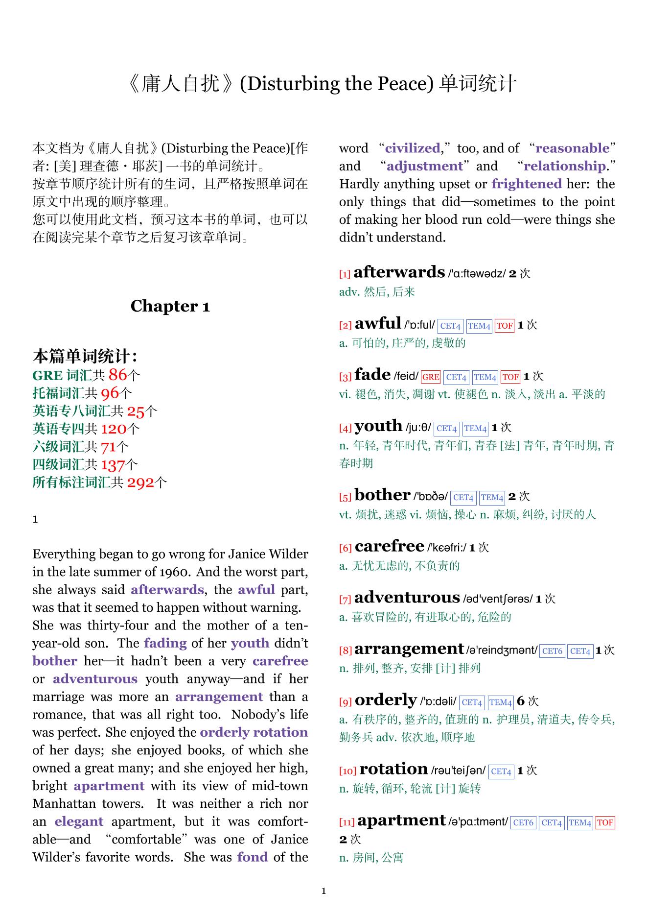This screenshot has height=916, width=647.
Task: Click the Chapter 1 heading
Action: (170, 306)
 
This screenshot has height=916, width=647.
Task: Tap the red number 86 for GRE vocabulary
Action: (117, 375)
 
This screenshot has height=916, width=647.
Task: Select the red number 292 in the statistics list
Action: (140, 483)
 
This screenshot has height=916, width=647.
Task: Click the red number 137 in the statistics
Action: (113, 465)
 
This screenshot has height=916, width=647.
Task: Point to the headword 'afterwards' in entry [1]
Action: (399, 272)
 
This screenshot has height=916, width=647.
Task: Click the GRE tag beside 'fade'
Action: (431, 377)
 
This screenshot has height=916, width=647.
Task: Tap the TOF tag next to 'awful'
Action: (505, 326)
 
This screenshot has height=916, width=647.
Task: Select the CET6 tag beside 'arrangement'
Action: (552, 651)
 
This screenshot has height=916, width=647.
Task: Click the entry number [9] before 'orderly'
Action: (346, 702)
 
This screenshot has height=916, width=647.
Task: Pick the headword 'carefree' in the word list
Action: (389, 546)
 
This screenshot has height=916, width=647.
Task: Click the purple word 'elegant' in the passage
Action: (79, 821)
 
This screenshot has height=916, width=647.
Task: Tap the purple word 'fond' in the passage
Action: (253, 857)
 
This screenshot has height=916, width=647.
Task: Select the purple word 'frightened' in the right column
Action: (527, 184)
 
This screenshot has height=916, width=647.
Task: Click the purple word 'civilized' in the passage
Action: (413, 148)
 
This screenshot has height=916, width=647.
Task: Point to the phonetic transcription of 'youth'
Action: (418, 428)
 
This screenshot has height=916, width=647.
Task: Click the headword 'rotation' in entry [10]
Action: (393, 769)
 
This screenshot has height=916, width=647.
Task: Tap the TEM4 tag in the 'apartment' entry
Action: (580, 822)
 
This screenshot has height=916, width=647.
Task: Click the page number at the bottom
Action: (323, 891)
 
